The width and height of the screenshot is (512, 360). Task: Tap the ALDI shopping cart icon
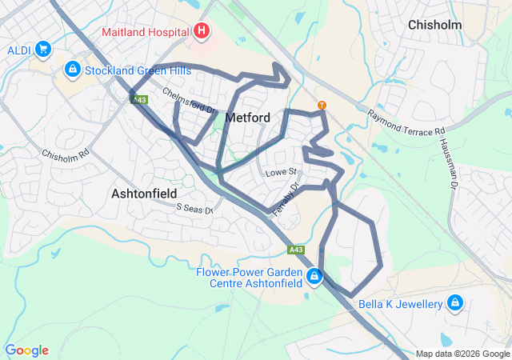(x=43, y=50)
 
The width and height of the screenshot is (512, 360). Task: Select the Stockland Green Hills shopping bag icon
(x=73, y=70)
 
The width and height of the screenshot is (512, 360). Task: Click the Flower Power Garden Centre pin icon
(x=314, y=278)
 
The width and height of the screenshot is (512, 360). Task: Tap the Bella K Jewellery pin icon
(x=455, y=303)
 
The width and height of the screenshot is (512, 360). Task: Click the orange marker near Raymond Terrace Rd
(x=322, y=105)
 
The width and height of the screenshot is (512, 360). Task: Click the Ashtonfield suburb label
(x=144, y=194)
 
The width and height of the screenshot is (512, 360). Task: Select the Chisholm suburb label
(x=434, y=25)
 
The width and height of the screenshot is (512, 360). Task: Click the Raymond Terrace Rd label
(x=406, y=123)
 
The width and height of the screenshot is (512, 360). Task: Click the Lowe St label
(x=281, y=172)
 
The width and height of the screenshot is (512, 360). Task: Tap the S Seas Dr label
(x=195, y=208)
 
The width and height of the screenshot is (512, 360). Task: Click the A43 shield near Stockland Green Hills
(x=139, y=99)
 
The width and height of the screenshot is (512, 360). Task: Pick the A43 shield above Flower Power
(x=297, y=250)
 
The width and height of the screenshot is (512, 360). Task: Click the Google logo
(x=26, y=350)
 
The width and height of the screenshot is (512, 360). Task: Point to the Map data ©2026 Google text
(x=462, y=354)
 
